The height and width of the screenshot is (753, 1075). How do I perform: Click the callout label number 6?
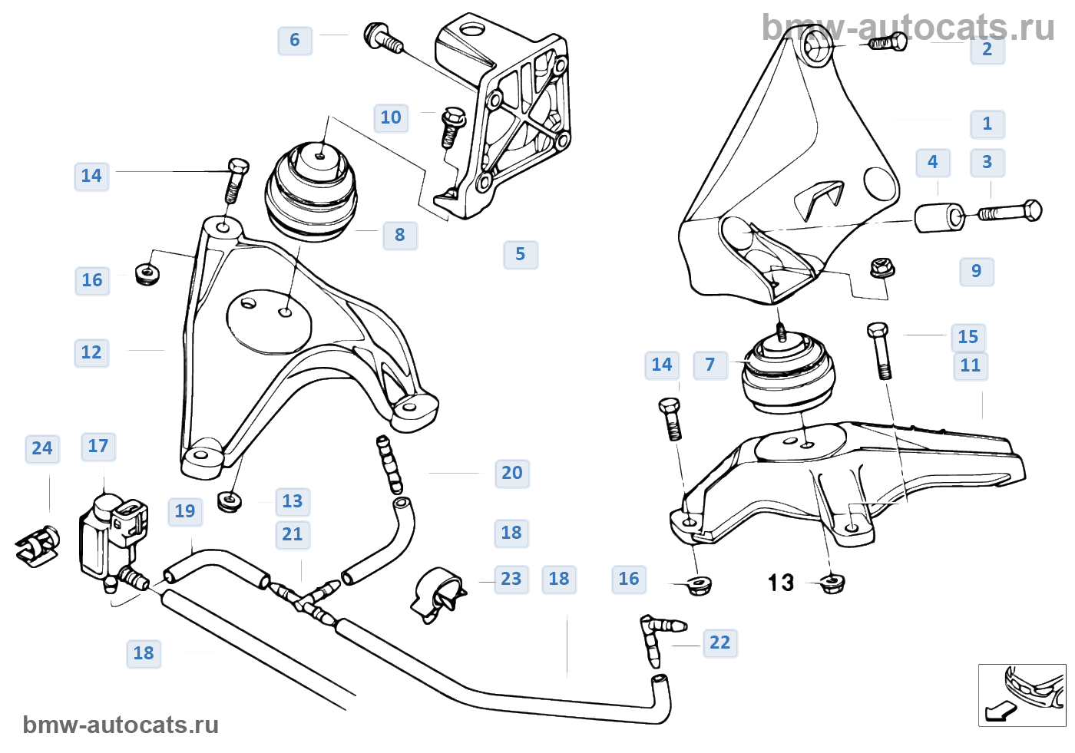295,40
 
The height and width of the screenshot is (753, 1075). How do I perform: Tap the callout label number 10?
391,117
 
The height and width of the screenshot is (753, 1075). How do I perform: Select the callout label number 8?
400,235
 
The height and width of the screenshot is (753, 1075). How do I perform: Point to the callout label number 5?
521,254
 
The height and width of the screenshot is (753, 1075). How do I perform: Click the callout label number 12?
91,352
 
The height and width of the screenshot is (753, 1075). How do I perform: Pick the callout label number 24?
42,448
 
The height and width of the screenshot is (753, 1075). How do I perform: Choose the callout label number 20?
512,473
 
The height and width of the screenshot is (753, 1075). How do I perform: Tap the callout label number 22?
720,642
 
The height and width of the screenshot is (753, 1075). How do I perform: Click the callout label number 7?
710,365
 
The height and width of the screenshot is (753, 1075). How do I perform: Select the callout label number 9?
977,271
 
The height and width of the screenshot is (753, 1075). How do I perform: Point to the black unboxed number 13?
781,583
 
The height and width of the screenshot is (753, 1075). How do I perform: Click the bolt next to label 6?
383,38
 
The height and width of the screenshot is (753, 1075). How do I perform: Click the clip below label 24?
38,546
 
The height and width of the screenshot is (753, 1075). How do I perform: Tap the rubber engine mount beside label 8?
311,191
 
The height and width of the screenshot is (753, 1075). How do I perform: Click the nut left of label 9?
882,269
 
